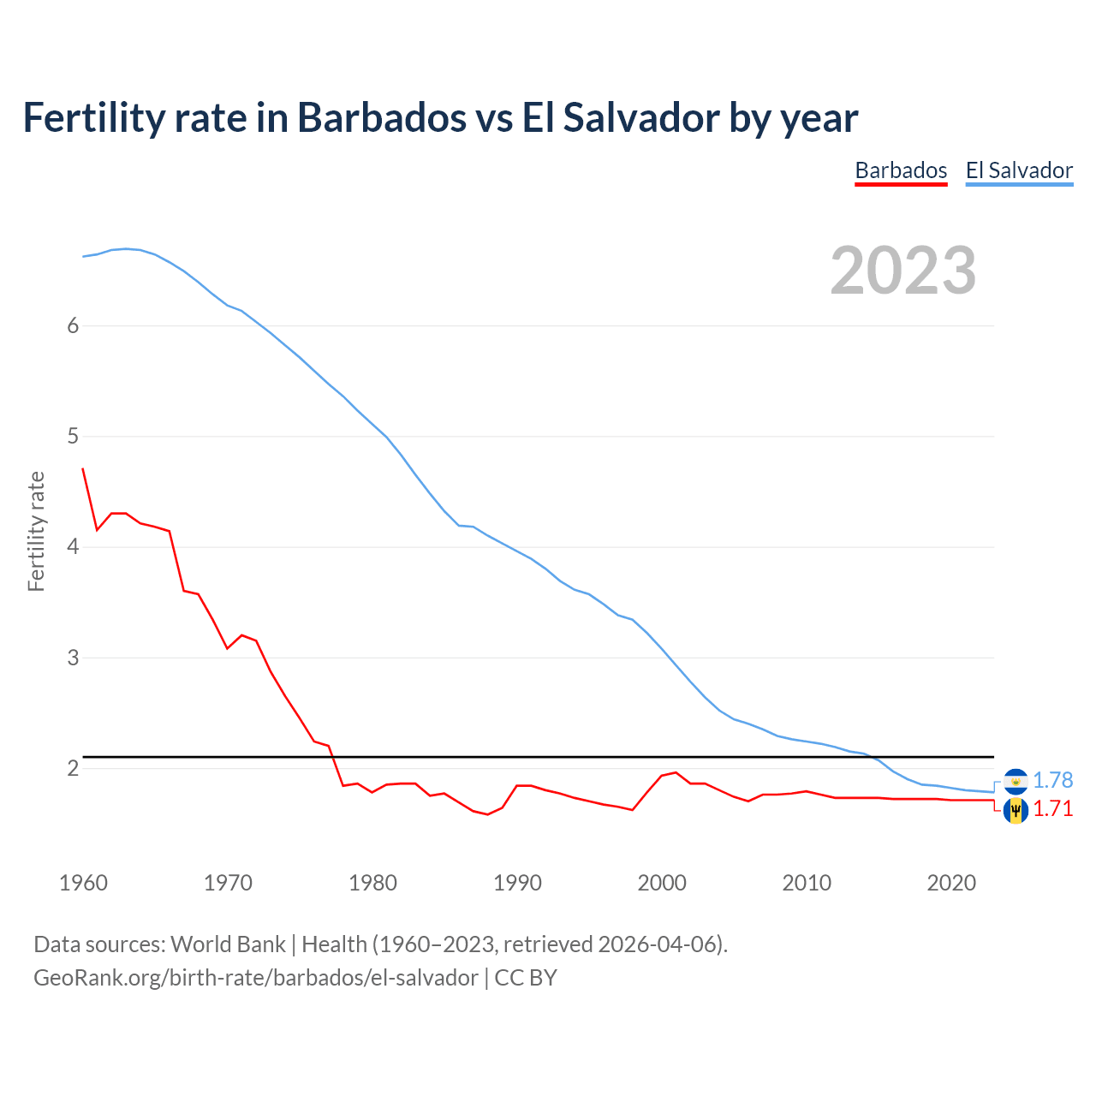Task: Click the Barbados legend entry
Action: pos(901,170)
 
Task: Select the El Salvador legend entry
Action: pos(1019,170)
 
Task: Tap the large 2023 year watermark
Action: pos(903,271)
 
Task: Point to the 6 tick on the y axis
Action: pos(73,325)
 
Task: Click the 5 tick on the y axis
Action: pos(73,437)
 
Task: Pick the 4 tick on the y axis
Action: pos(73,547)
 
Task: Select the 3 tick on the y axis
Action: pos(73,658)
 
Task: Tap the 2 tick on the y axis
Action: pos(73,768)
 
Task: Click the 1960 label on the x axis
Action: pos(83,883)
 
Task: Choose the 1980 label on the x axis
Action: pos(372,883)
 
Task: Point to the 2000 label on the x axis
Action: pos(662,883)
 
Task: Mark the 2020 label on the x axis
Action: pos(951,883)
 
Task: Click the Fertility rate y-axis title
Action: pos(36,531)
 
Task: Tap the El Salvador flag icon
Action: pos(1016,781)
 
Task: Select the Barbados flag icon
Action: pos(1016,809)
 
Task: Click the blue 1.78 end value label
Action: pos(1052,780)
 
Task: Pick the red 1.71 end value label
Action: pos(1052,808)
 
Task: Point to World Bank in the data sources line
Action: pos(228,944)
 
